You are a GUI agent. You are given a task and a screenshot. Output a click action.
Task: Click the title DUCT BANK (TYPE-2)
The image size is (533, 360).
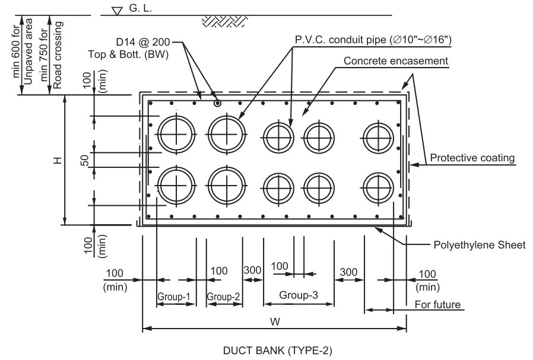(x=274, y=349)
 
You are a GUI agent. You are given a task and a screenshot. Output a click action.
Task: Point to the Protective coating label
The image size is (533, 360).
(x=472, y=158)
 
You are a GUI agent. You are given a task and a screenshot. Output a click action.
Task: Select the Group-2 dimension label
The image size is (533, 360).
(x=224, y=296)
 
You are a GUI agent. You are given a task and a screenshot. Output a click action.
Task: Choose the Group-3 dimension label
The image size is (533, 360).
(x=299, y=294)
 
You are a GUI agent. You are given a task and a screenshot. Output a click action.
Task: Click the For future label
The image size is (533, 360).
(x=439, y=305)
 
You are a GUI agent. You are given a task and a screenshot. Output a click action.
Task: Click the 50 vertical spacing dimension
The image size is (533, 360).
(x=85, y=160)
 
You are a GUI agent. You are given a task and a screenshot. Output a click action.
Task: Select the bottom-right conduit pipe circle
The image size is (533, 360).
(x=380, y=187)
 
